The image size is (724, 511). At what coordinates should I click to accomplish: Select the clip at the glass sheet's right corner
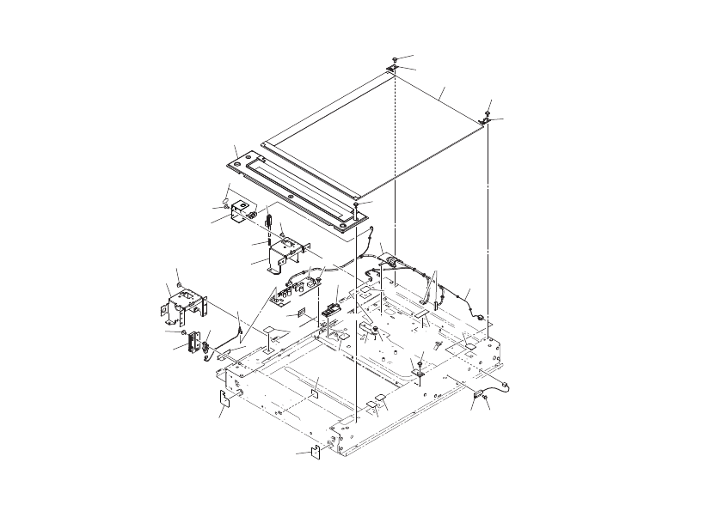point(485,122)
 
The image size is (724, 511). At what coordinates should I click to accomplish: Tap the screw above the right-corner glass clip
point(488,112)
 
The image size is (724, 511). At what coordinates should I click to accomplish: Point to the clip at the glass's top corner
point(392,67)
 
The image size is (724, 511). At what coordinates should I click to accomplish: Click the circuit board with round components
point(292,288)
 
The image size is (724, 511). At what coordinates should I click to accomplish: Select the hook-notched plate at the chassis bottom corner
point(315,452)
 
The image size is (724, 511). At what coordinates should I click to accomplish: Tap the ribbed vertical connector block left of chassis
point(193,343)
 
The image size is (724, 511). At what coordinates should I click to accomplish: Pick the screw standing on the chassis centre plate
point(419,366)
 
